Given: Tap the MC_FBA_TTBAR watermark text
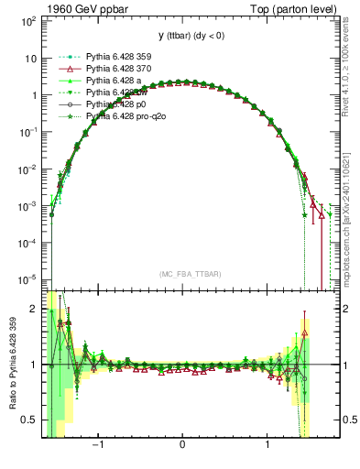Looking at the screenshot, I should (x=184, y=274).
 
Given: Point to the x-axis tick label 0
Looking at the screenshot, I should (x=183, y=449).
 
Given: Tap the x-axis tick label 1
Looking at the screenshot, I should (x=267, y=449).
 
